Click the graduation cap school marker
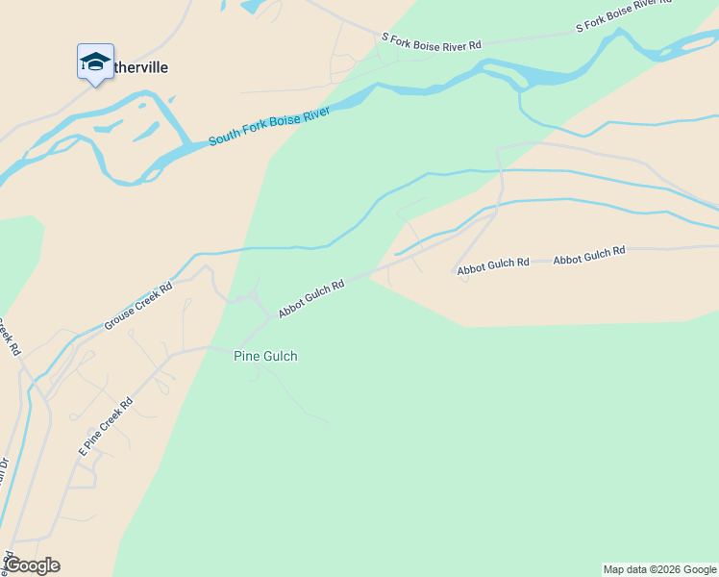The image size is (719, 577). tap(95, 63)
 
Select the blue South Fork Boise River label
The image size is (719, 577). tap(269, 127)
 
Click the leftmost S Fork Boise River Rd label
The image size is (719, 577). tap(431, 41)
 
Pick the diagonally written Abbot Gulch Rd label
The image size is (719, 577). tap(311, 299)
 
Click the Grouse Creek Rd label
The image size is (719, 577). tap(138, 306)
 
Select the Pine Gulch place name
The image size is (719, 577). tap(265, 356)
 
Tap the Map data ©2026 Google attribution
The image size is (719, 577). tap(659, 569)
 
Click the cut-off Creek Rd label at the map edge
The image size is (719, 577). tap(9, 336)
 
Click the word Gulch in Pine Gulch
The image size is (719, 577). tap(281, 356)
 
